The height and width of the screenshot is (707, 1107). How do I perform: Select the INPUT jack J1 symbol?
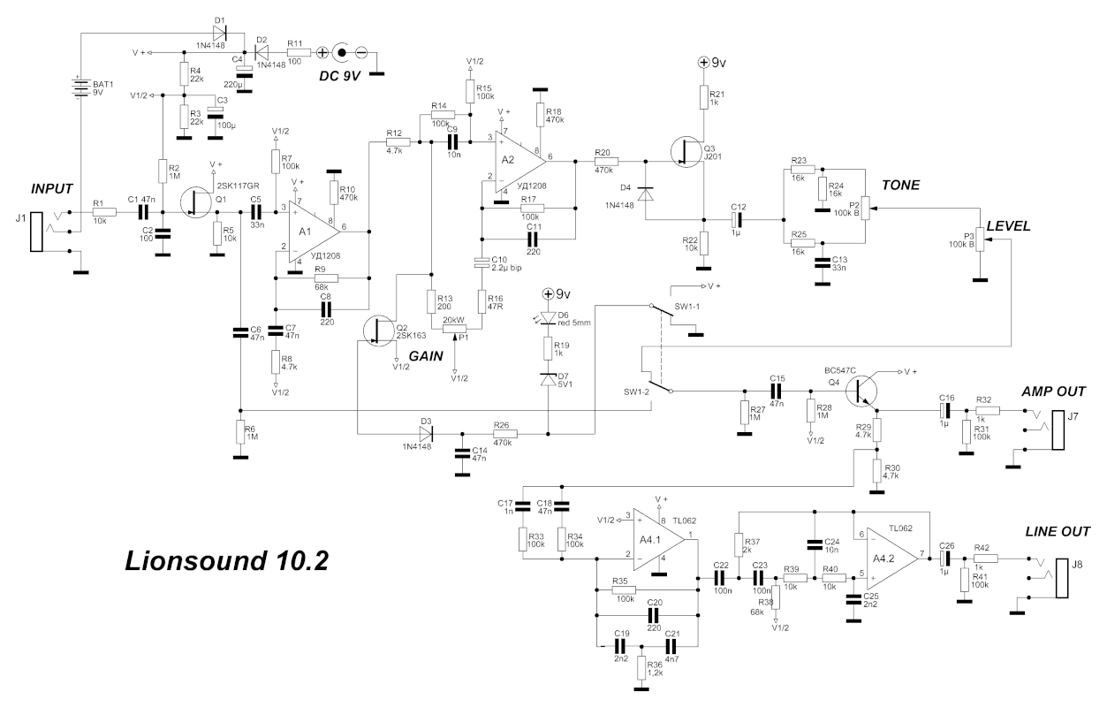pyautogui.click(x=35, y=232)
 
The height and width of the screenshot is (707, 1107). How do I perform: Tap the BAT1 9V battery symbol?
pyautogui.click(x=80, y=88)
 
